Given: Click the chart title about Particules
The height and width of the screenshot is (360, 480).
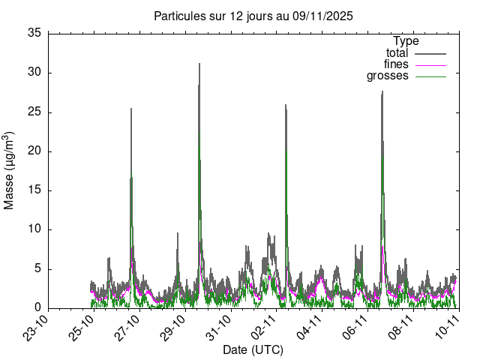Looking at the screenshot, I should (x=253, y=15).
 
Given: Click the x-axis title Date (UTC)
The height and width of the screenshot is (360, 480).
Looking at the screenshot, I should (x=253, y=349).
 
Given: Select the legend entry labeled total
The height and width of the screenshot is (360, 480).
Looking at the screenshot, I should (x=397, y=53).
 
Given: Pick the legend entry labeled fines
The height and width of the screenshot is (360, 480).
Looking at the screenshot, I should (x=396, y=64).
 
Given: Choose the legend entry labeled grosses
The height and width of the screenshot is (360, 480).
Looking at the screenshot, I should (x=387, y=76).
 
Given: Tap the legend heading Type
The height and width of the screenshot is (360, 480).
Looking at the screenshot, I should (x=406, y=41).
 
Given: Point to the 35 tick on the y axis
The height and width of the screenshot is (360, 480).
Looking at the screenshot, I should (x=34, y=33).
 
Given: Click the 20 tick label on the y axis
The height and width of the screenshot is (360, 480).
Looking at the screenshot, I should (x=34, y=151).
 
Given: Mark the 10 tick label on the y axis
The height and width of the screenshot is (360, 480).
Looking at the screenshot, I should (x=34, y=229).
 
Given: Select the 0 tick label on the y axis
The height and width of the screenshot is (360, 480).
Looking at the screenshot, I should (x=37, y=307).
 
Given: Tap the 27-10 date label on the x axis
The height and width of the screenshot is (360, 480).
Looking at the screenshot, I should (x=128, y=328).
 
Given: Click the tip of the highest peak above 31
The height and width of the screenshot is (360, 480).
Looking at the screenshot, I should (x=199, y=63).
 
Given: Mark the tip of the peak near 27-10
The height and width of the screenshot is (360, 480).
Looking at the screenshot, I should (x=131, y=108).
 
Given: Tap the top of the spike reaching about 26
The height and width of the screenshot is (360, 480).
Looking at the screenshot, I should (x=286, y=104).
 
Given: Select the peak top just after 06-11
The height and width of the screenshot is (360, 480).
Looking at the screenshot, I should (x=382, y=91).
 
